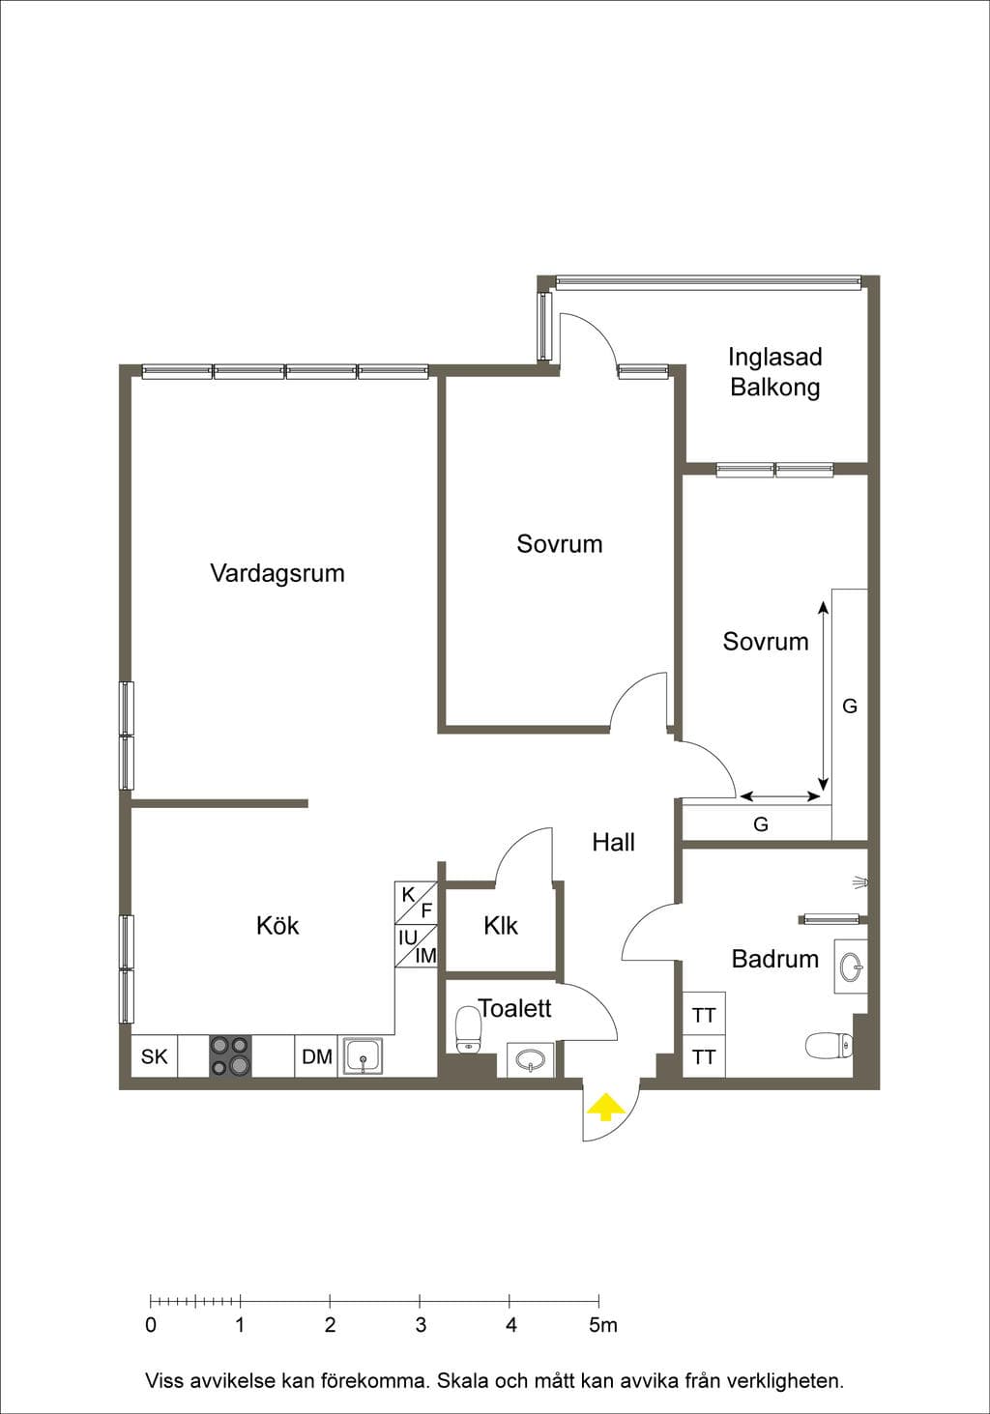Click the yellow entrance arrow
pos(606,1107)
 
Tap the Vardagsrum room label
pos(277,574)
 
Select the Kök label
pos(277,925)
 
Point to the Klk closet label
pos(501,925)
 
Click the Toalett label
pos(515,1008)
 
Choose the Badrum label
pos(774,959)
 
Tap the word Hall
pos(613,842)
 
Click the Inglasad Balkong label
pos(774,372)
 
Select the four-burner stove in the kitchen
pos(230,1056)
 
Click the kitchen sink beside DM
pos(364,1056)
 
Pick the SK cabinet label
pos(154,1056)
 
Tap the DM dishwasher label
pos(317,1056)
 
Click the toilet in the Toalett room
pos(468,1029)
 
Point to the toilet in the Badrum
pos(829,1046)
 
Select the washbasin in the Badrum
pos(851,967)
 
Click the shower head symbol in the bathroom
pos(860,881)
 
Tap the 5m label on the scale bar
pos(603,1325)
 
